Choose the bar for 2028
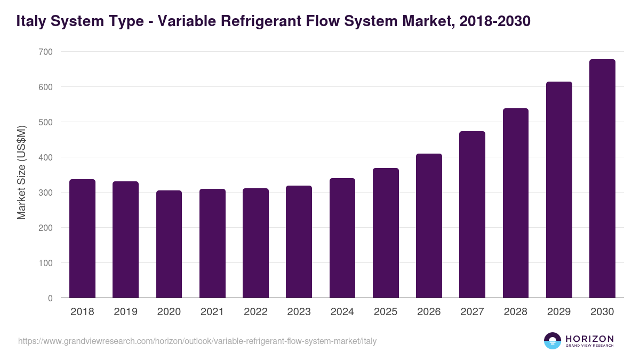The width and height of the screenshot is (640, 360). click(x=516, y=203)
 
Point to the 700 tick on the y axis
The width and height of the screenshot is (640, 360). click(x=45, y=52)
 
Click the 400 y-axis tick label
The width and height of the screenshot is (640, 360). click(x=45, y=157)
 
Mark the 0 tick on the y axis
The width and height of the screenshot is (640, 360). click(x=50, y=298)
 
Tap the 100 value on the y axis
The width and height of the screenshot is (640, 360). click(x=45, y=263)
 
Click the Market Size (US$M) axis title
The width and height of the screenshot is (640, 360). click(x=21, y=172)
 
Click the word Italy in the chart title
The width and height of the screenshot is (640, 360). click(x=30, y=21)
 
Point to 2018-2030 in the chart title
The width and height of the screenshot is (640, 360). click(x=494, y=21)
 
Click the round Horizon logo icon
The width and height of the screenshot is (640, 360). click(x=552, y=341)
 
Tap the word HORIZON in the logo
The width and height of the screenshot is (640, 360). click(x=589, y=339)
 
